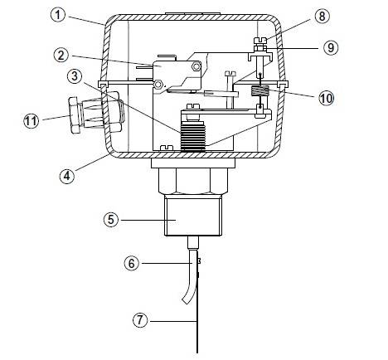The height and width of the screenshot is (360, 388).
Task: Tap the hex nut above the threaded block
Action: point(193,178)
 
